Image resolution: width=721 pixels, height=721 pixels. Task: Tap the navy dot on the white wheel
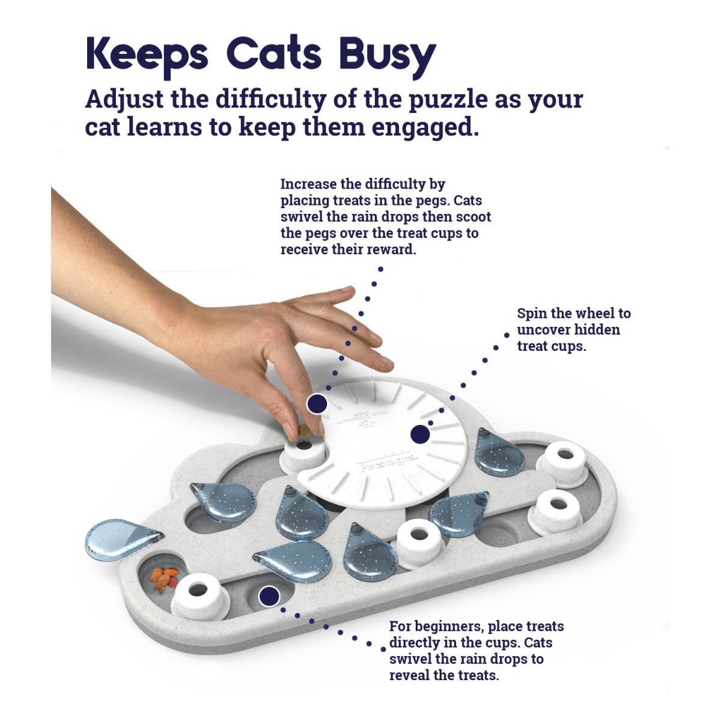(420, 434)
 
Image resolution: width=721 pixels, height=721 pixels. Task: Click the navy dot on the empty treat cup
(269, 596)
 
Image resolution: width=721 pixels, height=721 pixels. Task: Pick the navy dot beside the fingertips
(317, 404)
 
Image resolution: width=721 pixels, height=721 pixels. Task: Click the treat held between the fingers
(304, 430)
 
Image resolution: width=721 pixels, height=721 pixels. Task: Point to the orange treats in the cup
(163, 579)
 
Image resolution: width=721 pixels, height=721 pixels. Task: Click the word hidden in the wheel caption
(597, 330)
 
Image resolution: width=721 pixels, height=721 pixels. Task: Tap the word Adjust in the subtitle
(123, 99)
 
